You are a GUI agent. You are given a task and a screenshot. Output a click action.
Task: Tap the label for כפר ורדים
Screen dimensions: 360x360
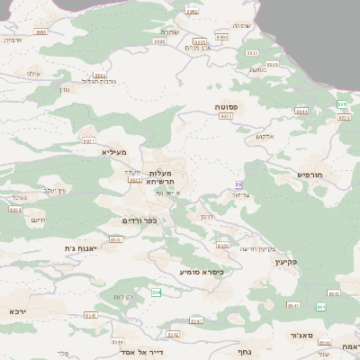point(139,220)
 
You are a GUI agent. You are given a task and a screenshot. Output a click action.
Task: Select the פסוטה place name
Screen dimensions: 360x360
point(225,106)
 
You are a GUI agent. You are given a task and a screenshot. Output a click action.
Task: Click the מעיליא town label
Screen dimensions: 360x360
point(114,152)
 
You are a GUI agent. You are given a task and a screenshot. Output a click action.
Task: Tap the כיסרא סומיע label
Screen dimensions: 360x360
point(200,271)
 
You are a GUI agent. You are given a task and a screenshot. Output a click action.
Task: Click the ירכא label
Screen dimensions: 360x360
point(19,310)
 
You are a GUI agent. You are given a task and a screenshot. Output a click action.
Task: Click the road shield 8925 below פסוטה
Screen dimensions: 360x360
point(226,116)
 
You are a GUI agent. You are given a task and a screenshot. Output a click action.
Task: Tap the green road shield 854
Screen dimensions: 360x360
point(156,292)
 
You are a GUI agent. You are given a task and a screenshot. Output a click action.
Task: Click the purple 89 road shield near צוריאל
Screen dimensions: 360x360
point(238,184)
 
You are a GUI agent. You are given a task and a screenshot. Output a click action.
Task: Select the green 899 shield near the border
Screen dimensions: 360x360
point(341,105)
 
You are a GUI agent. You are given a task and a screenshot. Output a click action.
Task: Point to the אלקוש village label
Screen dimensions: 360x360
point(264,136)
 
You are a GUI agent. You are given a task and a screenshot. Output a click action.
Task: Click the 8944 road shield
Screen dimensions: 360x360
point(301,112)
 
